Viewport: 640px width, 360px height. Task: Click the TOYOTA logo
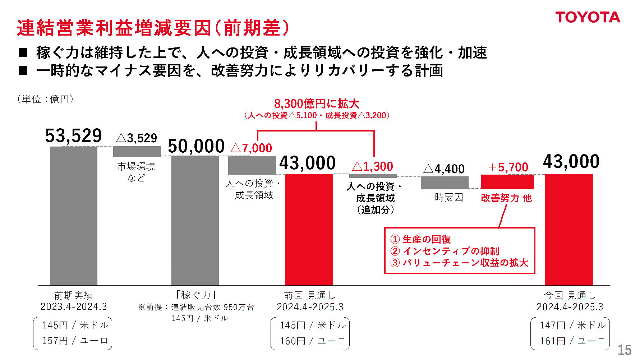588,17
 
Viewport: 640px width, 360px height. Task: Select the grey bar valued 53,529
73,216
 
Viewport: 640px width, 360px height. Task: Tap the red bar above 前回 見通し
309,230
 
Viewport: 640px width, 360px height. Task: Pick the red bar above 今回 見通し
569,230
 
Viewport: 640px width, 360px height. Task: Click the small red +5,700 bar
507,182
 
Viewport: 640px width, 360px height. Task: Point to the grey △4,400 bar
445,183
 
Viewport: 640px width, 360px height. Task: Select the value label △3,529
137,138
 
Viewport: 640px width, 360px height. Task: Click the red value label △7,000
251,148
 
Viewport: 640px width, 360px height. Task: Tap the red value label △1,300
373,166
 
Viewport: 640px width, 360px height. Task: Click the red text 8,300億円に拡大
317,104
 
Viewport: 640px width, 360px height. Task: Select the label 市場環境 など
136,172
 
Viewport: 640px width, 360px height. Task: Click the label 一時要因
444,197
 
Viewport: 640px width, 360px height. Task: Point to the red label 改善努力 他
506,198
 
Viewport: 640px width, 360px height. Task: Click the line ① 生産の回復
420,239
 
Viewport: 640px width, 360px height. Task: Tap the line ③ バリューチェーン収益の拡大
459,263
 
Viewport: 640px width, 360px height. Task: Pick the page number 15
624,350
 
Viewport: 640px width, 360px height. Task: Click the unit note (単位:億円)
45,99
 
